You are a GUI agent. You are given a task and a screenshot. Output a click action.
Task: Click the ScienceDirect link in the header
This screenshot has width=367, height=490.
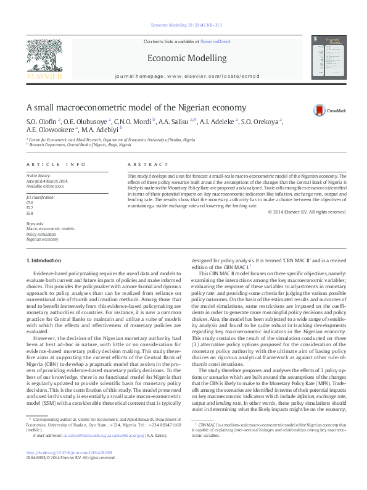point(215,41)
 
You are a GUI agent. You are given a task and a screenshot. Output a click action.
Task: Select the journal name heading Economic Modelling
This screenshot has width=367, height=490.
point(184,58)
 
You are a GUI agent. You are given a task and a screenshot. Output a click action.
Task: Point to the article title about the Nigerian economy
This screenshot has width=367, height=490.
point(146,107)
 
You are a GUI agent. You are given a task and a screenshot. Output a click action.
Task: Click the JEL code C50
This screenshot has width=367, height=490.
point(30,202)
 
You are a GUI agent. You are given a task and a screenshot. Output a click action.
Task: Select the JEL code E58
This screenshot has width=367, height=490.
point(30,212)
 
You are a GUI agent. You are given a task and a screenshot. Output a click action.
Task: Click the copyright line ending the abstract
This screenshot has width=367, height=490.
point(307,212)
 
